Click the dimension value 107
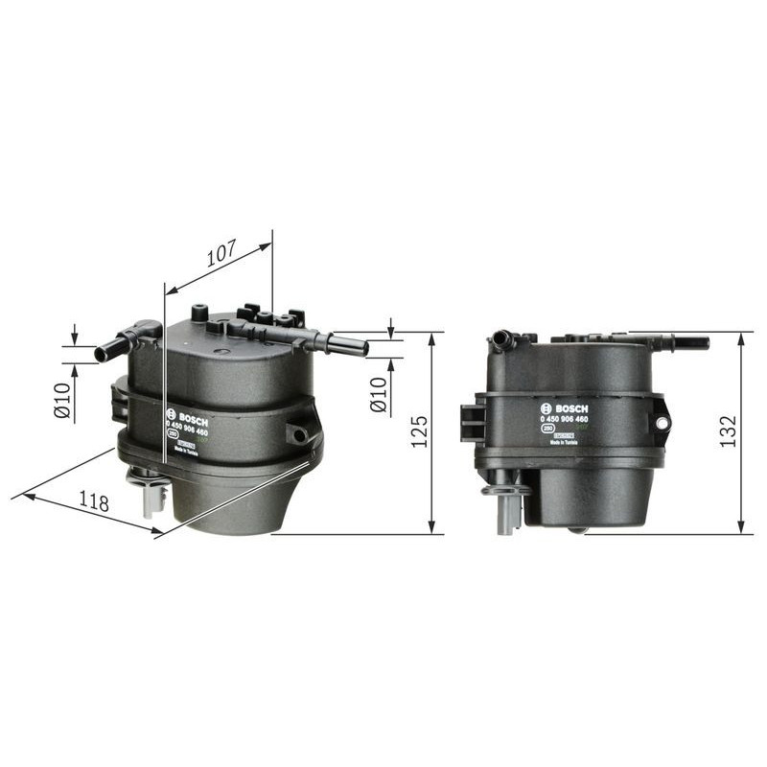pos(221,255)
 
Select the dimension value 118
pos(94,502)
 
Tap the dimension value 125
pos(418,432)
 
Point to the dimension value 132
pos(728,432)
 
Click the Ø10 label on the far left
pos(62,400)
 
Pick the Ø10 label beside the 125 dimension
pos(378,395)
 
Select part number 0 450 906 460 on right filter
pos(564,419)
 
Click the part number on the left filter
pos(187,431)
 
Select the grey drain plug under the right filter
pos(504,508)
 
